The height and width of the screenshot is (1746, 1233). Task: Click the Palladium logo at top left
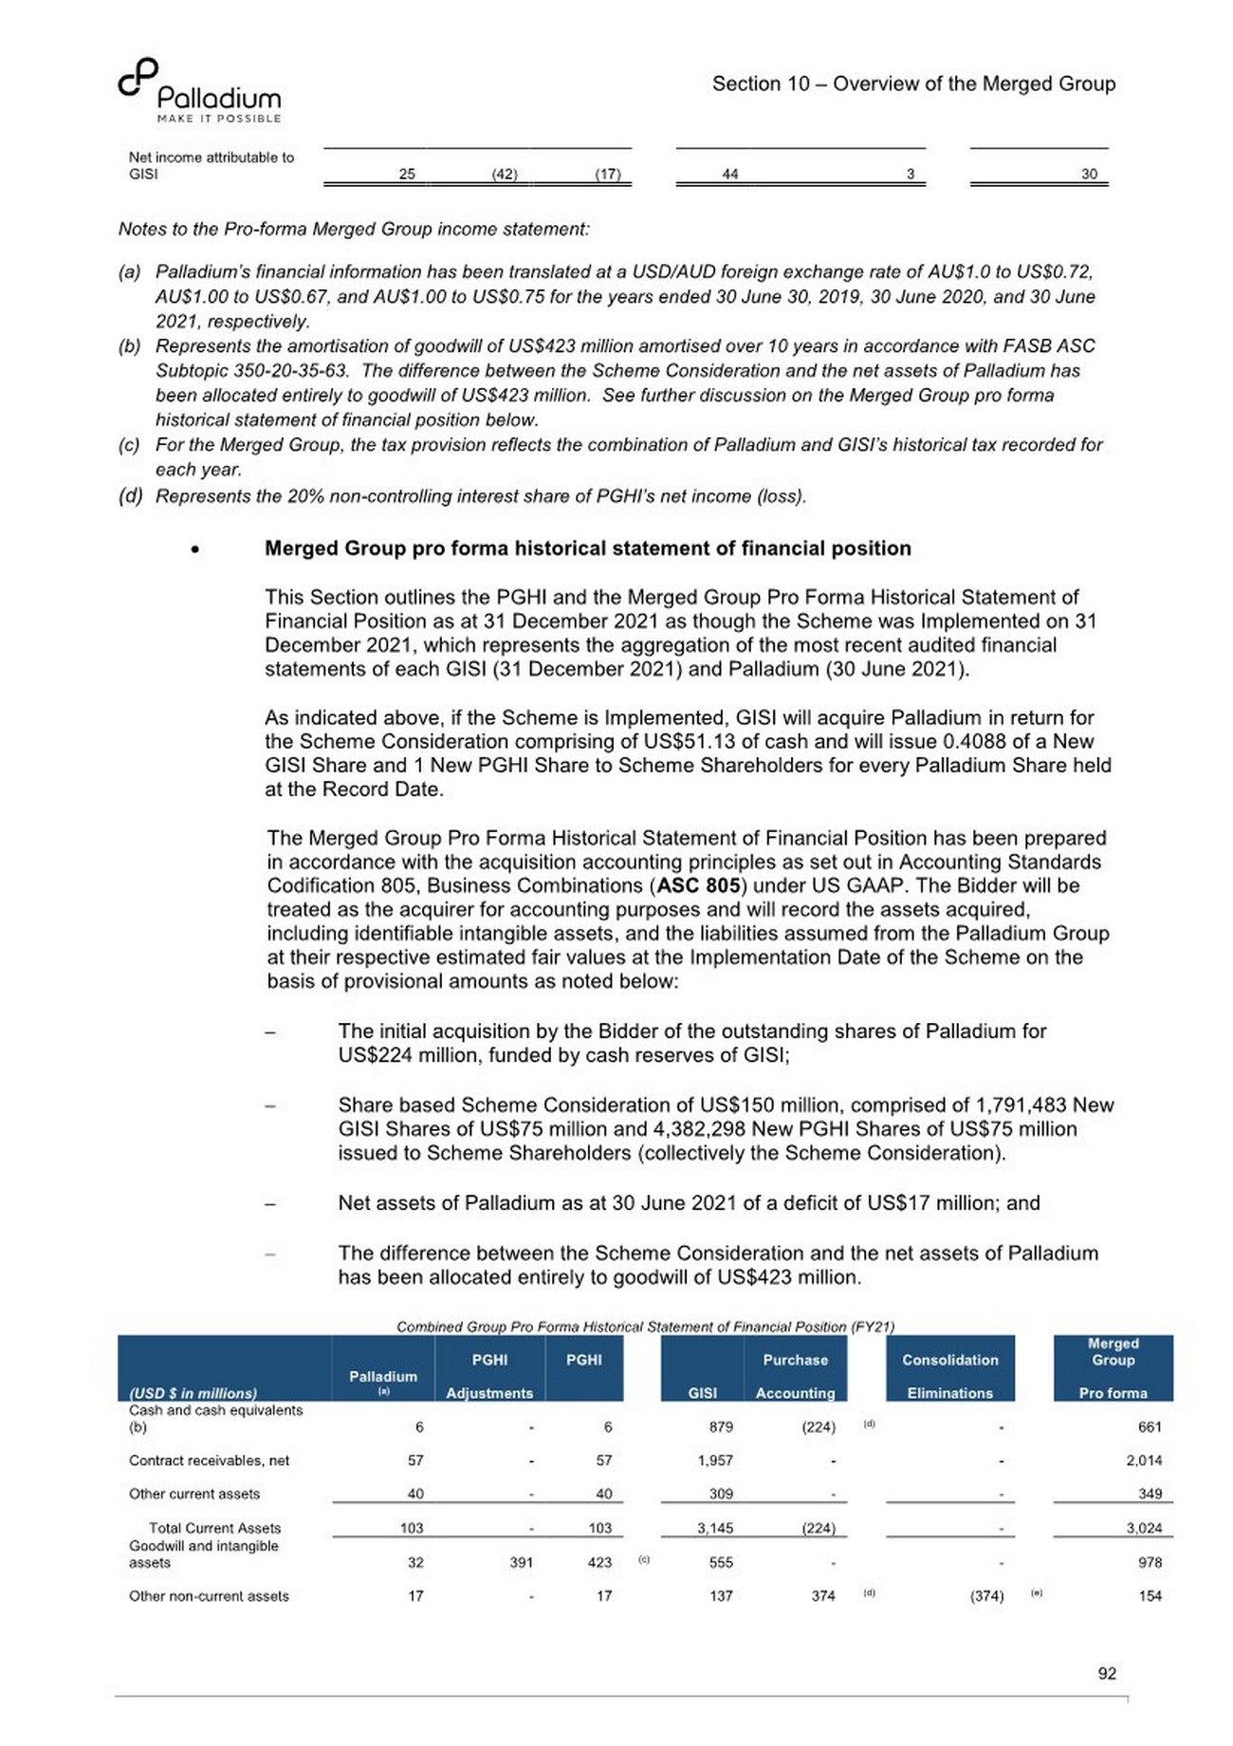[200, 91]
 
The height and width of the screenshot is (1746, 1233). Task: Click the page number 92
[1107, 1674]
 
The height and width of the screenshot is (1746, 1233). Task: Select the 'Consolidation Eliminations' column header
[949, 1376]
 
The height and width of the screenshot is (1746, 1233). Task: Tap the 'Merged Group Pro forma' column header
[1113, 1368]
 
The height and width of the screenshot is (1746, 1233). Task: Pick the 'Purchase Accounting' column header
[795, 1376]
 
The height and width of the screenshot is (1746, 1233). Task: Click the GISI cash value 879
[721, 1427]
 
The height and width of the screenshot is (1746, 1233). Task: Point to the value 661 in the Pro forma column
[1150, 1427]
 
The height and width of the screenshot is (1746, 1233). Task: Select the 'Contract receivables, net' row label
[210, 1460]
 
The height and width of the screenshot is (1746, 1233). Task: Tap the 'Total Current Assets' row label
[214, 1528]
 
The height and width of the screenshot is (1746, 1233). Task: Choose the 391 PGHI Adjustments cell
[521, 1562]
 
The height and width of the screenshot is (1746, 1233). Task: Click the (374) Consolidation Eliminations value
[986, 1596]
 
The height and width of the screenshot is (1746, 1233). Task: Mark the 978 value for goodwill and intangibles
[1150, 1562]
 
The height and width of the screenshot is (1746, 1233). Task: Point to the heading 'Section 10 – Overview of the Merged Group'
[913, 84]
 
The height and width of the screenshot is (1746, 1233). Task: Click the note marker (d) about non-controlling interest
[130, 496]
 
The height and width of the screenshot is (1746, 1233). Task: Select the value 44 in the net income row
[729, 174]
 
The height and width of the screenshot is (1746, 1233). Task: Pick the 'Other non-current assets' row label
[209, 1596]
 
